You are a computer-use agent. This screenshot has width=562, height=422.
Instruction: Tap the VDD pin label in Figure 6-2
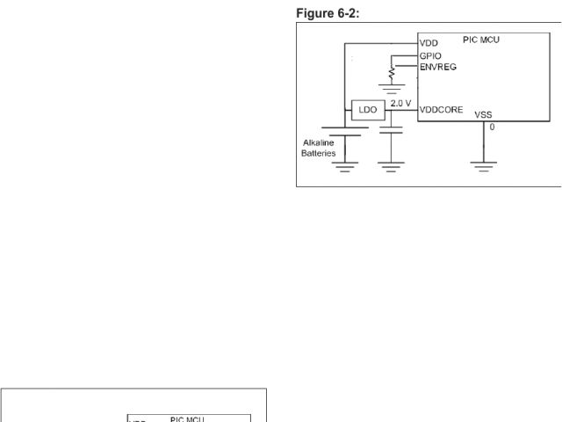pos(429,42)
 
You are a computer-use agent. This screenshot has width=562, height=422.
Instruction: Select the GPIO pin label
pos(431,55)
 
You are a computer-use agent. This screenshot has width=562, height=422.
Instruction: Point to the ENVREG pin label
pos(438,66)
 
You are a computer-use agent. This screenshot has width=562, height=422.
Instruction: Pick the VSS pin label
pos(484,114)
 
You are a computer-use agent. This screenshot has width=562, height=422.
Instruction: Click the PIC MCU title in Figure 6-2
pos(481,40)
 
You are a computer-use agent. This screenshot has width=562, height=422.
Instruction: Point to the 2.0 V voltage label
pos(401,103)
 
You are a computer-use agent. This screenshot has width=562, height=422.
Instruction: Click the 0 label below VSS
pos(492,127)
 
